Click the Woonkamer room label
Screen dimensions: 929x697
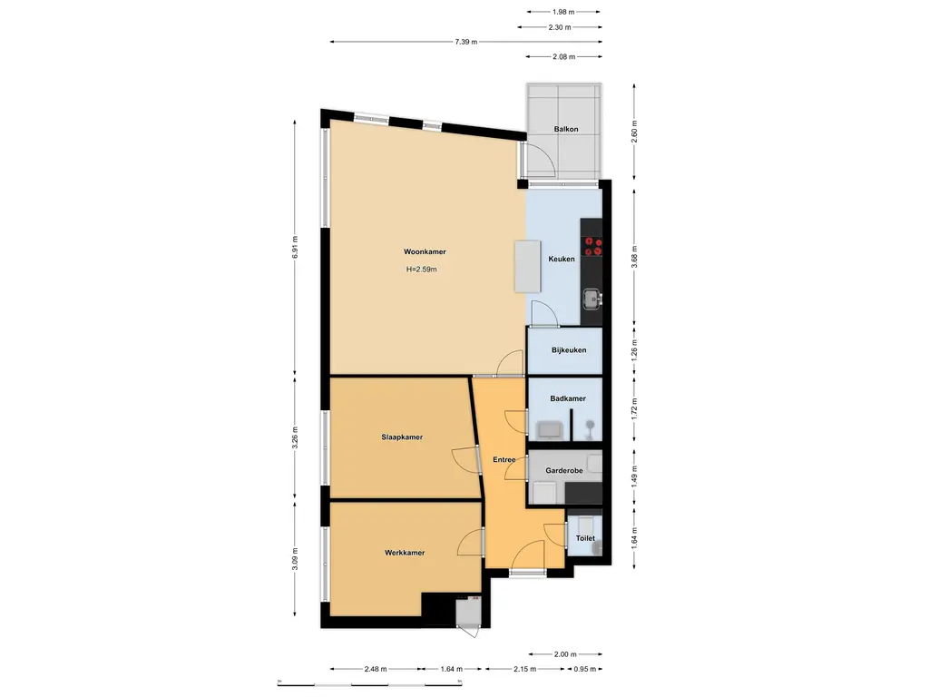pyautogui.click(x=425, y=252)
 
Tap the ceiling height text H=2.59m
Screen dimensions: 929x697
pyautogui.click(x=421, y=269)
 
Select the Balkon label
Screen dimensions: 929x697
pyautogui.click(x=566, y=129)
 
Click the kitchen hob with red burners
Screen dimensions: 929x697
pyautogui.click(x=592, y=246)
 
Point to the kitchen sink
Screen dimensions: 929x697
pyautogui.click(x=592, y=299)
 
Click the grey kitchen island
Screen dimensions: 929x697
pyautogui.click(x=527, y=266)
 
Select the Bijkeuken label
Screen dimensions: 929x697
pyautogui.click(x=569, y=350)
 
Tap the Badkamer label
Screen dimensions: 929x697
pyautogui.click(x=568, y=399)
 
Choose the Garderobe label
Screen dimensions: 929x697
pyautogui.click(x=564, y=471)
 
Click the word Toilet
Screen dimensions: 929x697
pyautogui.click(x=585, y=539)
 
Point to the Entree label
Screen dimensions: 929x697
pyautogui.click(x=504, y=460)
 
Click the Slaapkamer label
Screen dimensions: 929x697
pyautogui.click(x=402, y=437)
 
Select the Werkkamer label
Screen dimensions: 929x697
pyautogui.click(x=405, y=553)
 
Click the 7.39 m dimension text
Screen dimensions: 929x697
pyautogui.click(x=465, y=42)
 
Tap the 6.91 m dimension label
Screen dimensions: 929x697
pyautogui.click(x=295, y=247)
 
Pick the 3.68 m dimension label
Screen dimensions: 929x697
pyautogui.click(x=634, y=257)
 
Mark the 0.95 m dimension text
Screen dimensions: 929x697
pyautogui.click(x=585, y=669)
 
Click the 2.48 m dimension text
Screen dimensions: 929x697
pyautogui.click(x=376, y=669)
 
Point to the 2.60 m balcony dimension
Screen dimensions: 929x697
pyautogui.click(x=634, y=131)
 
